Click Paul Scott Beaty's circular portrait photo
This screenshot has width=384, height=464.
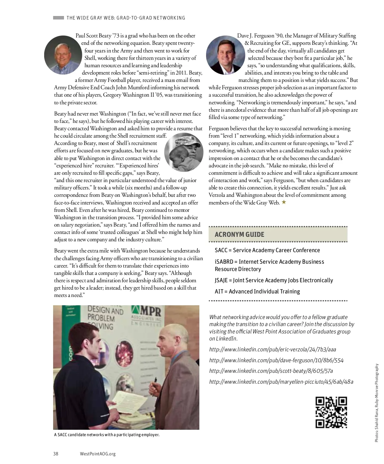(63, 55)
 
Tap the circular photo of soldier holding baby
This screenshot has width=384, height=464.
(184, 152)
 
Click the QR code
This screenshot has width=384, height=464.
(331, 412)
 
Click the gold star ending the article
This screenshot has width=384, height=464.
(284, 202)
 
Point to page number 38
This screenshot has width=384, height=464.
(56, 453)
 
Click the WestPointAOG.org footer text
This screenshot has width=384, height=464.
(98, 453)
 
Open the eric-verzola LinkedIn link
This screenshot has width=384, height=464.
(272, 349)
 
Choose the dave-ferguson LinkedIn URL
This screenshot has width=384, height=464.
(276, 360)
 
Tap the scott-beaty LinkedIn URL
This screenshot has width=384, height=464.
(271, 371)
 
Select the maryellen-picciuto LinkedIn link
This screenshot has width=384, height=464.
(281, 381)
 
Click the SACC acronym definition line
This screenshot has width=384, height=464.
(267, 250)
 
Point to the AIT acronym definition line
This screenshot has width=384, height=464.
(257, 292)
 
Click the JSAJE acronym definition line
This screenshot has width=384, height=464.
(274, 280)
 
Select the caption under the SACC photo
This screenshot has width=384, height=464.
(107, 435)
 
